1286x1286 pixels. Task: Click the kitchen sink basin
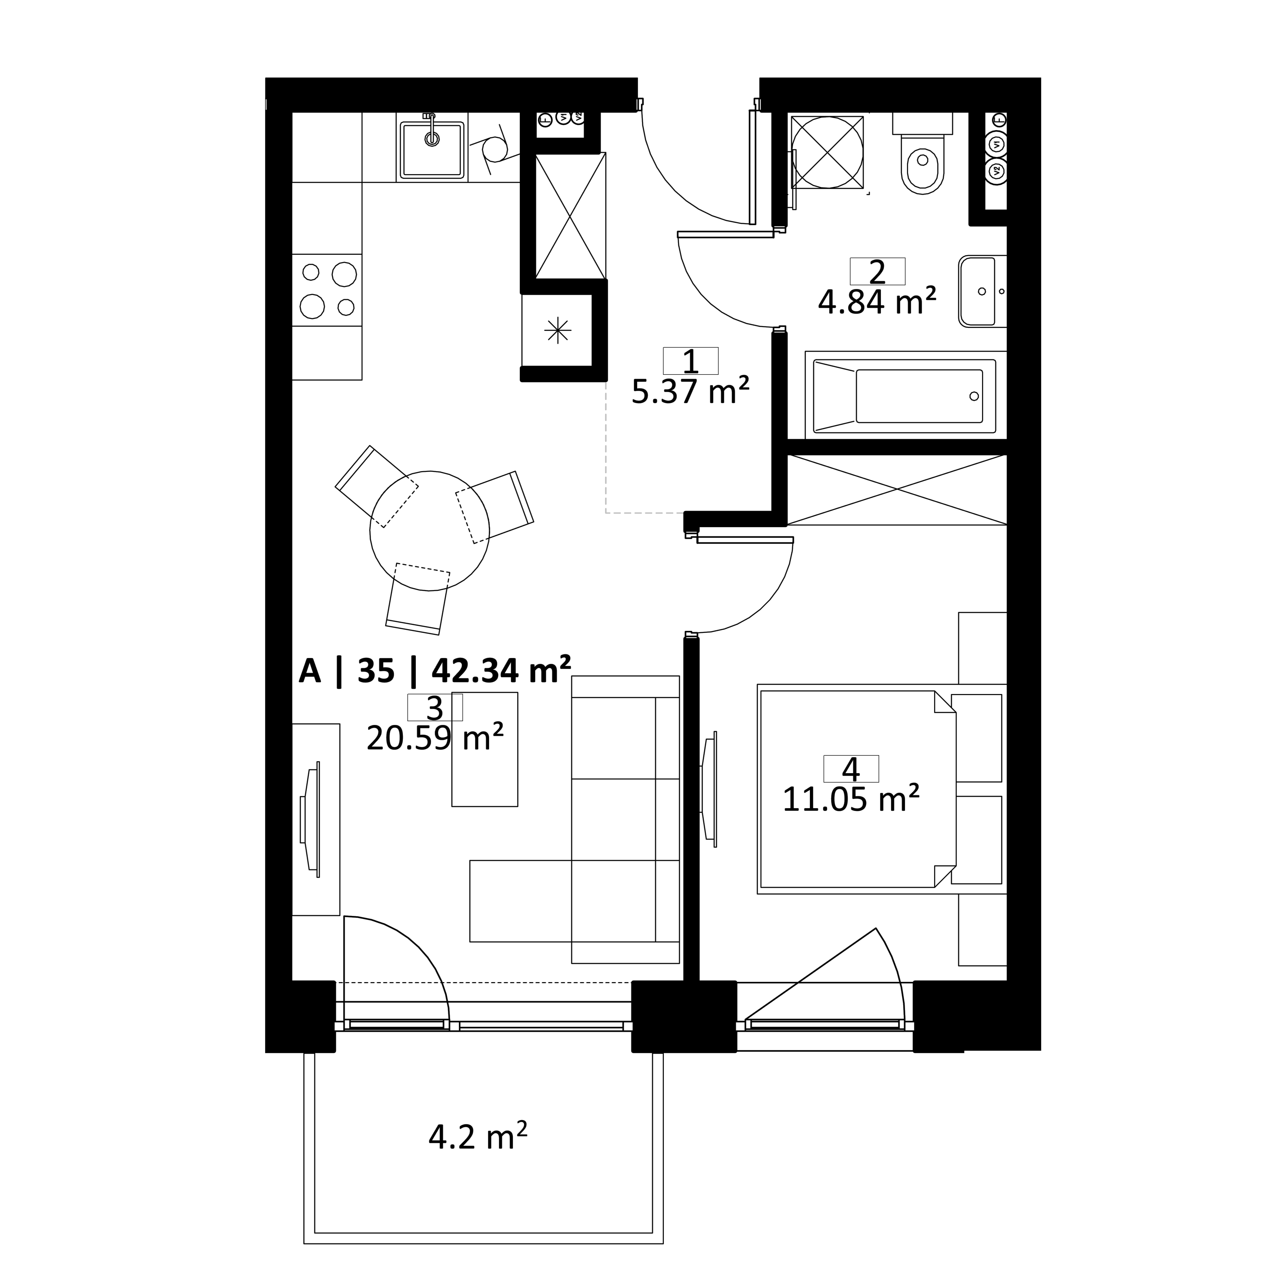pyautogui.click(x=432, y=150)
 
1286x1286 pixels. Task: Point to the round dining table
pyautogui.click(x=429, y=531)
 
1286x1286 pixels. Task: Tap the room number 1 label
pyautogui.click(x=691, y=361)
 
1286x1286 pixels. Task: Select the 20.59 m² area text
pyautogui.click(x=435, y=737)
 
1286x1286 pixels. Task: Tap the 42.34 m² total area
pyautogui.click(x=501, y=671)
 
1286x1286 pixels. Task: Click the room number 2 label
pyautogui.click(x=877, y=272)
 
